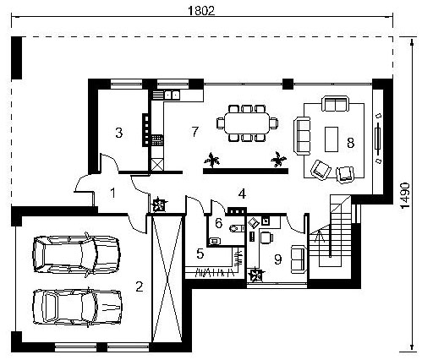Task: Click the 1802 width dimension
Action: (201, 11)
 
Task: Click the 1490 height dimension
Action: (405, 196)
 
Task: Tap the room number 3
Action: (119, 133)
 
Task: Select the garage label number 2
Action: (140, 286)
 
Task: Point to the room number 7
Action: (195, 132)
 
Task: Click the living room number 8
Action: (350, 143)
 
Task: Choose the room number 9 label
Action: (278, 259)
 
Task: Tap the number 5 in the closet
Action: (200, 254)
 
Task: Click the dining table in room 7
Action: (247, 123)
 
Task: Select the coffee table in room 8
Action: (332, 139)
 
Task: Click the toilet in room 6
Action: (236, 228)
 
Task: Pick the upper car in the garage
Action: (77, 254)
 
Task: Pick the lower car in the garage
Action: (78, 307)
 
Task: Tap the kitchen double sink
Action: (172, 95)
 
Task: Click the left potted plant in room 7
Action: (211, 161)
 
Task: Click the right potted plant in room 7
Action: (278, 160)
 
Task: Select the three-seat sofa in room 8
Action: (302, 136)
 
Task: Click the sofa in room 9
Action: (299, 259)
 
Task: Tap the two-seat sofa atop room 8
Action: (335, 104)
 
